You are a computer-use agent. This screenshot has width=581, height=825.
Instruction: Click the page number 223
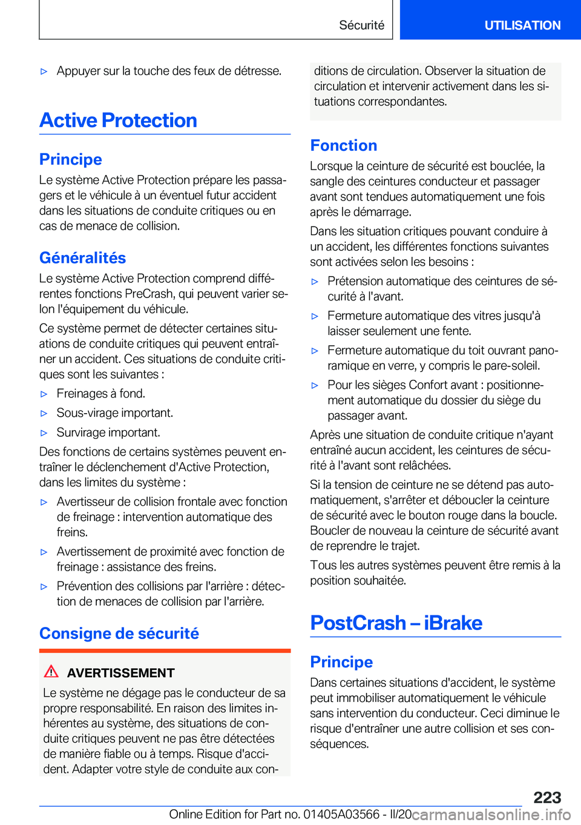547,797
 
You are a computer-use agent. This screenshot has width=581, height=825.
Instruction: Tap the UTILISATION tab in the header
522,25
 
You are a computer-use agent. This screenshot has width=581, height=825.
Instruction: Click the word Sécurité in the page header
361,25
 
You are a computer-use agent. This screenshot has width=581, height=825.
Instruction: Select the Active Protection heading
119,121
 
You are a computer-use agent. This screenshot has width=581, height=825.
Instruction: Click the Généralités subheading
83,258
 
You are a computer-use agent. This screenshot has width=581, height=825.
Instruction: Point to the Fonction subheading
344,145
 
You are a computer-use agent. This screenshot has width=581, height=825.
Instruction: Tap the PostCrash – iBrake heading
396,623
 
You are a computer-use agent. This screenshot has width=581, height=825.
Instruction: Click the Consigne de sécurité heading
119,634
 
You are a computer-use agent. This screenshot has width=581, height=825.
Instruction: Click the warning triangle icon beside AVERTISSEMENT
51,672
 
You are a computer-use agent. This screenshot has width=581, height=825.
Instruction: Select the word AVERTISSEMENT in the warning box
121,673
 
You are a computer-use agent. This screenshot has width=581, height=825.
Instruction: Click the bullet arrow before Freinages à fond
44,394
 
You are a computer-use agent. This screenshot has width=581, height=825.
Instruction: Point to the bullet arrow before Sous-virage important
44,414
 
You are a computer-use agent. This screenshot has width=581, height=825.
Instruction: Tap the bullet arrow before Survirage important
44,433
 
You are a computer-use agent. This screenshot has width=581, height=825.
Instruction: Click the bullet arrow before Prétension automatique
315,282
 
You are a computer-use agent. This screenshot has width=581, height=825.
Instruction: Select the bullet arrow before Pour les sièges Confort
315,386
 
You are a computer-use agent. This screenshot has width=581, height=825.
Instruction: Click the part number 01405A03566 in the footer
341,814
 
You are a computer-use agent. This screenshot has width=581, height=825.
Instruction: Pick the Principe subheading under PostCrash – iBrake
341,662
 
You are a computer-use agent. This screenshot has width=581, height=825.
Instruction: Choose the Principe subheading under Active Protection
71,159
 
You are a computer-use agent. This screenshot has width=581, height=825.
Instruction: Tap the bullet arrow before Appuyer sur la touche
44,71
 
